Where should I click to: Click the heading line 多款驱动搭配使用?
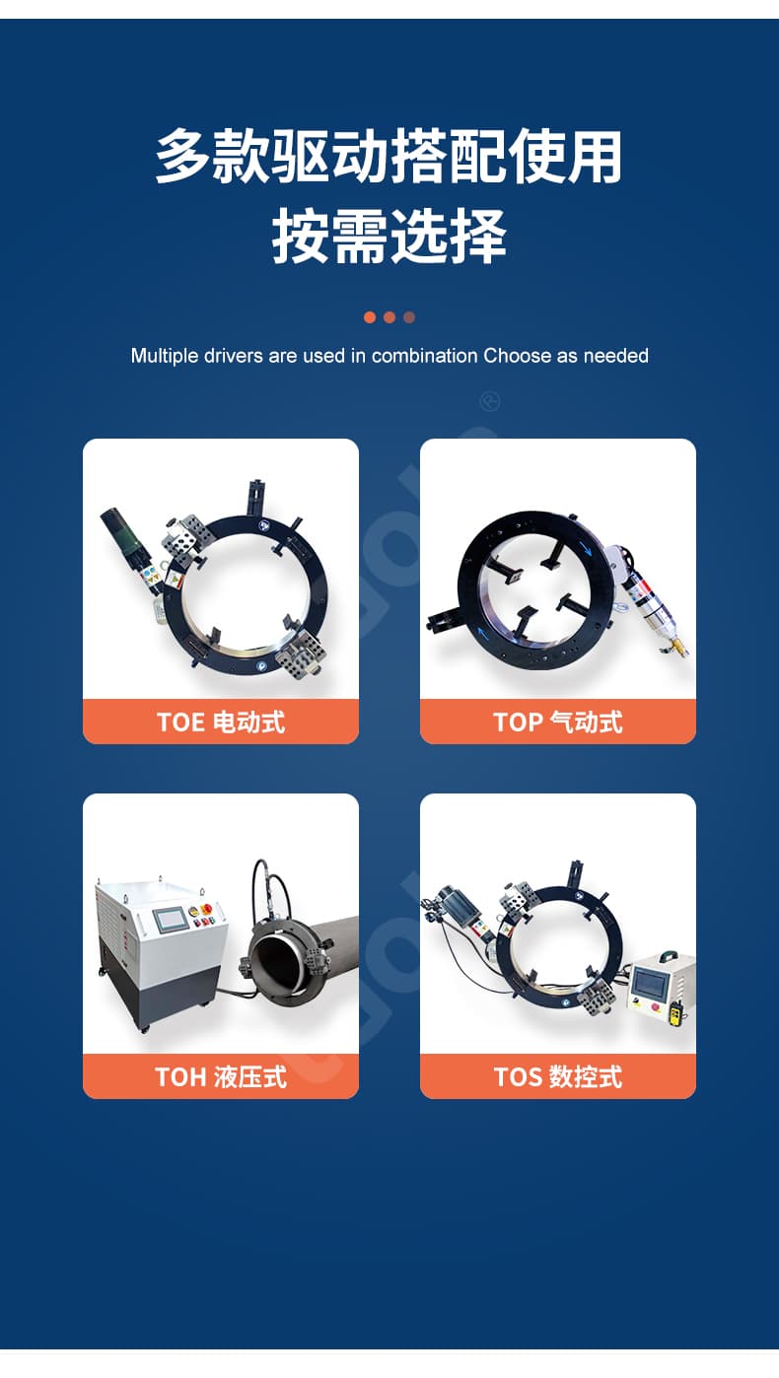point(389,157)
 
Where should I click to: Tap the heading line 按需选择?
point(389,237)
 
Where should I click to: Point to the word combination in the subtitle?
point(425,356)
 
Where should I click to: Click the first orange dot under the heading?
point(370,317)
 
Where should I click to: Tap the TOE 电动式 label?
point(221,722)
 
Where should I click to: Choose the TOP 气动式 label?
point(557,722)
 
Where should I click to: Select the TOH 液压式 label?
point(221,1076)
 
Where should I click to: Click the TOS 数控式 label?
point(557,1076)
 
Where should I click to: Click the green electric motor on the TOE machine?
point(123,536)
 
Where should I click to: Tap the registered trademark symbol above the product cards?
point(490,402)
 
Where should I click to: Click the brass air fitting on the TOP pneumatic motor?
point(678,647)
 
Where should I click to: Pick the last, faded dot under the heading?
point(409,317)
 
